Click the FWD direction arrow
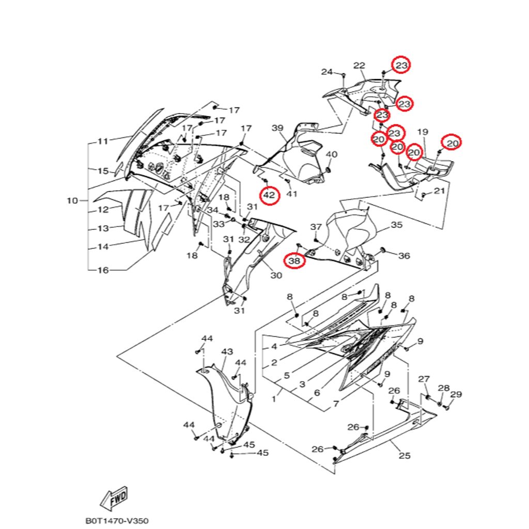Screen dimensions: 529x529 (114, 499)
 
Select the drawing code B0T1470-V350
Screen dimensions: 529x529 (113, 522)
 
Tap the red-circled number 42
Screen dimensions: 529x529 (269, 195)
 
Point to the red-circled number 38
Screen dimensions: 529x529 (294, 261)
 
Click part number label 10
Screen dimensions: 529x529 (72, 200)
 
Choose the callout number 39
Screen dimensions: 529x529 (278, 128)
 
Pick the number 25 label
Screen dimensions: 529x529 (404, 455)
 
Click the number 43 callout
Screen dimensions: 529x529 (227, 351)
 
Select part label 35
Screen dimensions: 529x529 (396, 225)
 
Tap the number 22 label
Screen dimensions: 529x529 (359, 66)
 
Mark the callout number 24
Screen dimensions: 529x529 (327, 72)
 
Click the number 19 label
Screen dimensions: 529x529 (423, 132)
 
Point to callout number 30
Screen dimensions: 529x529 (276, 275)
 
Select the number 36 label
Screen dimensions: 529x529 (404, 256)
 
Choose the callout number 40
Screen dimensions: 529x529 (331, 154)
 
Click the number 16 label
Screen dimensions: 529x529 (103, 270)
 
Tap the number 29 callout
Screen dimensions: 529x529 (456, 395)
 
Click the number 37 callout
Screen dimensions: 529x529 (316, 227)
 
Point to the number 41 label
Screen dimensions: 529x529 (292, 194)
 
